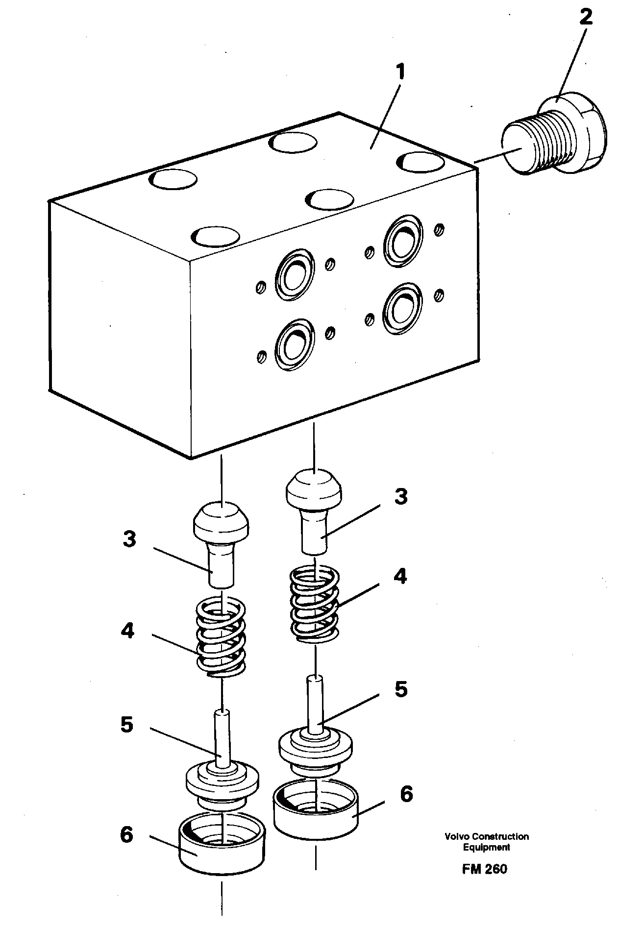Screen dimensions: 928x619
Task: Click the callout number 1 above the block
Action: click(x=400, y=73)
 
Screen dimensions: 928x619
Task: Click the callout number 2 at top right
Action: click(x=585, y=18)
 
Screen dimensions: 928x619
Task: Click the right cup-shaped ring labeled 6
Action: click(x=315, y=812)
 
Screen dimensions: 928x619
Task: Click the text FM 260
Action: click(x=484, y=869)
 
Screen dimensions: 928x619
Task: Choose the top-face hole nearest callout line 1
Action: click(x=293, y=142)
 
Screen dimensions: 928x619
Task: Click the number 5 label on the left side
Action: click(x=126, y=725)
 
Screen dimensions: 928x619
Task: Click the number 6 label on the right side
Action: click(x=406, y=794)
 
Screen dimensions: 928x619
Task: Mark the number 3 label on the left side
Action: click(x=128, y=540)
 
